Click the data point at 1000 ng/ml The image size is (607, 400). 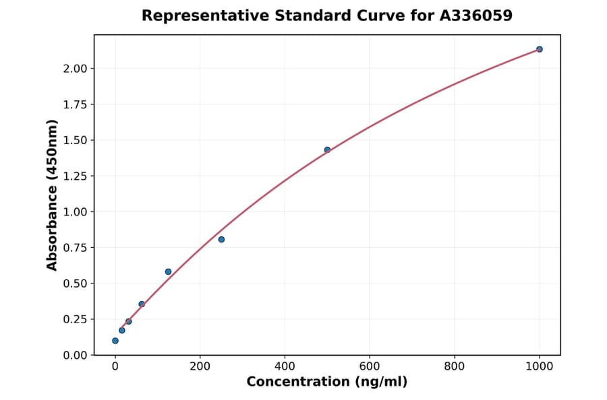(x=539, y=49)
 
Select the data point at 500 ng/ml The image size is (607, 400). (x=327, y=149)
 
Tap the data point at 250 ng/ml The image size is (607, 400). (x=221, y=240)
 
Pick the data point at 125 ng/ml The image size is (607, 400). (x=168, y=271)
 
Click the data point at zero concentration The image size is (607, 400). (x=115, y=341)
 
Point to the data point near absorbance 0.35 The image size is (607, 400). (x=142, y=304)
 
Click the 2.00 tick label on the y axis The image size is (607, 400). (x=74, y=69)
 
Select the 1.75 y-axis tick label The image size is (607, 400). (x=74, y=104)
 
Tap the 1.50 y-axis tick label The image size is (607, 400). (x=74, y=140)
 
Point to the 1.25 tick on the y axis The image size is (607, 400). (x=74, y=176)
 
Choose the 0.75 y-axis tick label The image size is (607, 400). (x=74, y=248)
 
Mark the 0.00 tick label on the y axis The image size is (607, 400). (x=74, y=355)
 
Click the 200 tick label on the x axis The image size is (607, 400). (x=200, y=367)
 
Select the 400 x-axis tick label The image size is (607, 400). (x=285, y=367)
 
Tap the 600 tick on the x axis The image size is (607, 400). (x=370, y=367)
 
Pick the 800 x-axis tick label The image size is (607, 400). (x=455, y=367)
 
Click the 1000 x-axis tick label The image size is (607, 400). (x=539, y=367)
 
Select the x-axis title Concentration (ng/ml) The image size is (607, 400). (x=327, y=382)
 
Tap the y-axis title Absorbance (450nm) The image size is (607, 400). (x=53, y=195)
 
